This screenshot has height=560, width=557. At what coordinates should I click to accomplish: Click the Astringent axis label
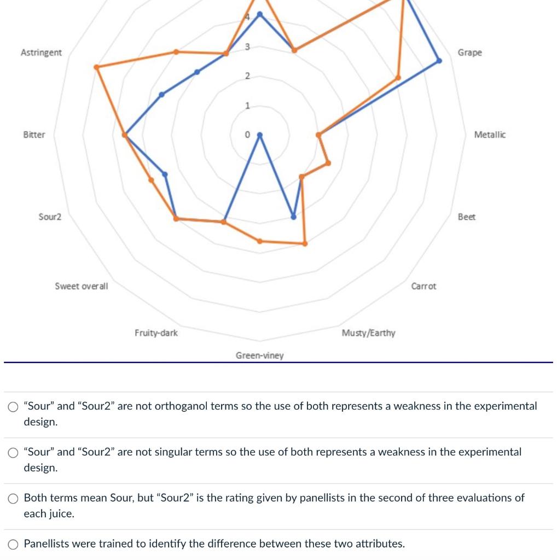click(x=41, y=52)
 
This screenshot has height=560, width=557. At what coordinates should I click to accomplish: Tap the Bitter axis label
click(x=34, y=135)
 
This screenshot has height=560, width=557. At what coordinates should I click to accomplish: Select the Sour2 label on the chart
click(x=50, y=217)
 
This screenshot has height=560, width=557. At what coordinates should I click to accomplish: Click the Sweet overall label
click(x=82, y=286)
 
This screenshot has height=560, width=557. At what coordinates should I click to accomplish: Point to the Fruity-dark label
click(x=156, y=332)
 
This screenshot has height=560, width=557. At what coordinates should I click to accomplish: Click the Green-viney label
click(x=259, y=355)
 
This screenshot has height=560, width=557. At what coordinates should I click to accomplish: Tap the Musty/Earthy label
click(x=368, y=332)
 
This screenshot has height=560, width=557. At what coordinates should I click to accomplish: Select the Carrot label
click(x=423, y=286)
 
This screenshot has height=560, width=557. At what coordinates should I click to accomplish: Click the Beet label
click(x=467, y=217)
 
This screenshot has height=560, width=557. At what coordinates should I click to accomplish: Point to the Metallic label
click(x=490, y=135)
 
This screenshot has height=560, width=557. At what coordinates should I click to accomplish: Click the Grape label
click(x=470, y=52)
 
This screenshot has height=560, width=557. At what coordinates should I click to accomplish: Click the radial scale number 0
click(x=247, y=135)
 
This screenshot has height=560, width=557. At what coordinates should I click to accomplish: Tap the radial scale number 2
click(x=247, y=75)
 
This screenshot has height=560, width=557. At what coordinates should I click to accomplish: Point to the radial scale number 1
click(x=247, y=106)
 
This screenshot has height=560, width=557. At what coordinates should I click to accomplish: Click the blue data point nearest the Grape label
click(x=438, y=61)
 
